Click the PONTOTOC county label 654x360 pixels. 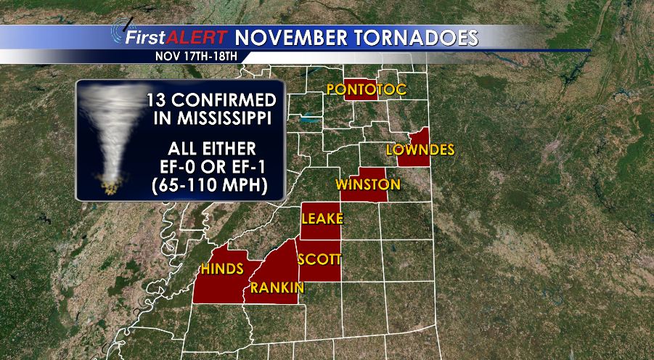click(x=366, y=90)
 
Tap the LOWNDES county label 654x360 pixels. click(x=420, y=150)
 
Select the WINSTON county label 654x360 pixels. click(x=367, y=184)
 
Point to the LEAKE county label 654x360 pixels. click(x=323, y=219)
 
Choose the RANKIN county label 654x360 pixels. click(x=277, y=288)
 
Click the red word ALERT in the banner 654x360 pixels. click(x=197, y=37)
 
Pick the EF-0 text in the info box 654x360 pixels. click(x=187, y=166)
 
